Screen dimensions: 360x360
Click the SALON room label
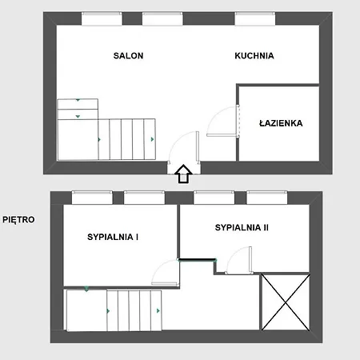(x=128, y=56)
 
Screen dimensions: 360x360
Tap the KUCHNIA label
(x=254, y=56)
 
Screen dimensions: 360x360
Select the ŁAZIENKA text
(x=279, y=124)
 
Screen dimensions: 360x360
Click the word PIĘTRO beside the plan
(x=18, y=218)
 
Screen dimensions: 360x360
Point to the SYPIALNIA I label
(x=113, y=237)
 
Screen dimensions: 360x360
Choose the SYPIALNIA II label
(x=242, y=228)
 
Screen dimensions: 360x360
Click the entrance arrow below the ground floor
(x=182, y=174)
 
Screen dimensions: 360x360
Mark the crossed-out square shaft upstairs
(x=286, y=302)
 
